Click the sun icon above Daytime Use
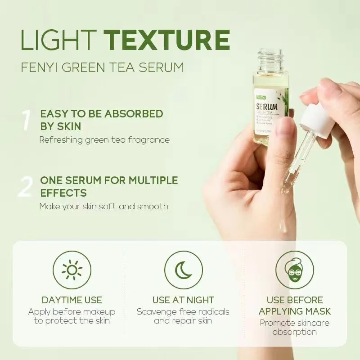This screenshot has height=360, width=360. (x=72, y=270)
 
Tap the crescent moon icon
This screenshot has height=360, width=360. (x=183, y=270)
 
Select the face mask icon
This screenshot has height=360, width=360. (x=295, y=270)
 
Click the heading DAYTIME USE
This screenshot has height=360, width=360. (x=72, y=300)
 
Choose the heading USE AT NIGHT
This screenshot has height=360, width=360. (x=183, y=300)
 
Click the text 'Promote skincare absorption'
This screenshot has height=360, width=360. (x=295, y=328)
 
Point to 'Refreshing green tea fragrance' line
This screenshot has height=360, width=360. (x=104, y=140)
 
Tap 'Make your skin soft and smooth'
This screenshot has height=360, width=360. (x=104, y=207)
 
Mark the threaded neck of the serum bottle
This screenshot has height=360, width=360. (x=270, y=59)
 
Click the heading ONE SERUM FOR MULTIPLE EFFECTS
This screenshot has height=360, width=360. (x=109, y=187)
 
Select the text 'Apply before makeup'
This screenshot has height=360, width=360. (x=72, y=312)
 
